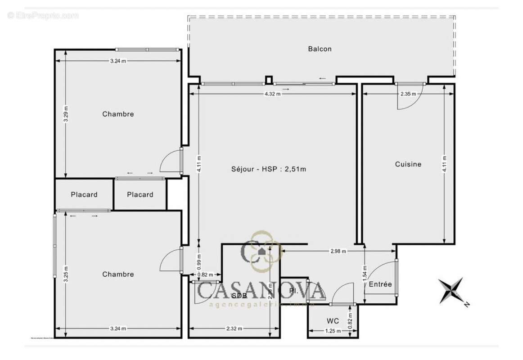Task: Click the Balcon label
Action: click(320, 49)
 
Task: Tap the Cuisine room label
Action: click(408, 164)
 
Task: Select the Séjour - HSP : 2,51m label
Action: click(269, 169)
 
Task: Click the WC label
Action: click(333, 321)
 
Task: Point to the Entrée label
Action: click(380, 284)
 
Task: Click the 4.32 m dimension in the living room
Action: click(272, 94)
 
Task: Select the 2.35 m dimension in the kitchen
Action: click(409, 94)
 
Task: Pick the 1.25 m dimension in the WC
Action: click(333, 331)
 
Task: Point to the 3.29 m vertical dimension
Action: click(66, 114)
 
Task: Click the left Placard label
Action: click(84, 194)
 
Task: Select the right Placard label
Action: click(140, 194)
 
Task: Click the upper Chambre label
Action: click(118, 114)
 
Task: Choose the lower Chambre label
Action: click(118, 274)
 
